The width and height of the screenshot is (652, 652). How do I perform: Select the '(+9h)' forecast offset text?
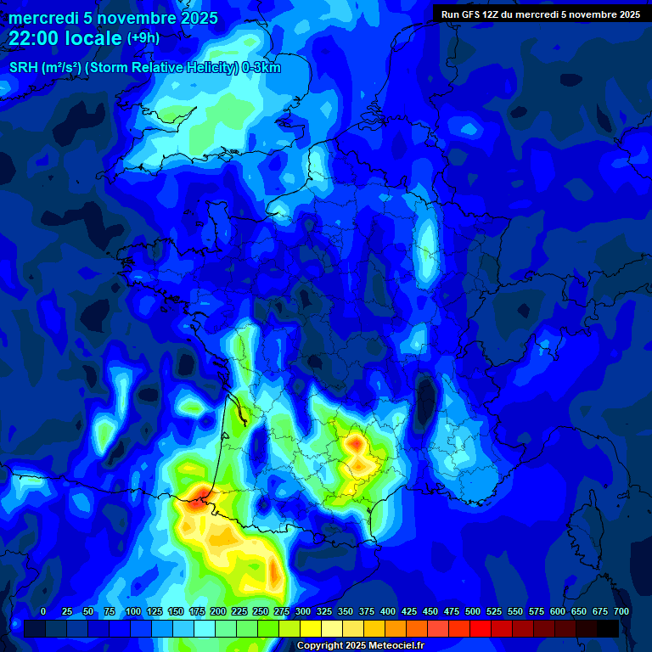pos(143,38)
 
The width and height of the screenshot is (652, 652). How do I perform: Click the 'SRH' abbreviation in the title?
pos(24,68)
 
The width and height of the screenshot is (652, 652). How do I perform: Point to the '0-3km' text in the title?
pos(262,68)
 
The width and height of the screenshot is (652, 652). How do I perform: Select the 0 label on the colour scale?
pos(43,611)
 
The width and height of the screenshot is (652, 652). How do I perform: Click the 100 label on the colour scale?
pos(133,611)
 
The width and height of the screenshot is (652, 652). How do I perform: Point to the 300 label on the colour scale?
pos(303,611)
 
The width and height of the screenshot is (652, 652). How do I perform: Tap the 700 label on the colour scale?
pos(621,611)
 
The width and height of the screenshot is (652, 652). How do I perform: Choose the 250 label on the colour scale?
pos(261,611)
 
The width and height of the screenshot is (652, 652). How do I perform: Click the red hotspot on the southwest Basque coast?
pos(200,493)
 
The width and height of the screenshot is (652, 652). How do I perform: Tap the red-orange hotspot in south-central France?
pos(355,442)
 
